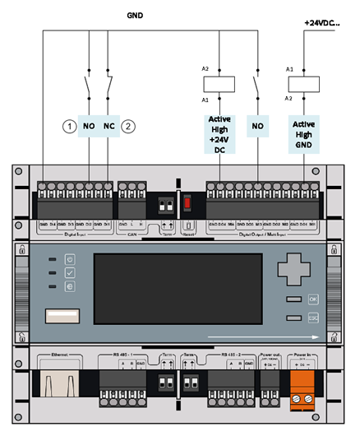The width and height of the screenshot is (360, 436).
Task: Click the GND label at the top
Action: click(x=136, y=15)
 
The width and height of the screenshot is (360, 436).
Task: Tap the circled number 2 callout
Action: click(x=128, y=127)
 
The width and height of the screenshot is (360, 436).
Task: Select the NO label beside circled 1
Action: click(x=89, y=127)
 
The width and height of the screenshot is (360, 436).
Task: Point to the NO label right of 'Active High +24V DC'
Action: click(x=258, y=128)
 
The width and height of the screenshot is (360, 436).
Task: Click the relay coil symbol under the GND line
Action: click(x=219, y=82)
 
